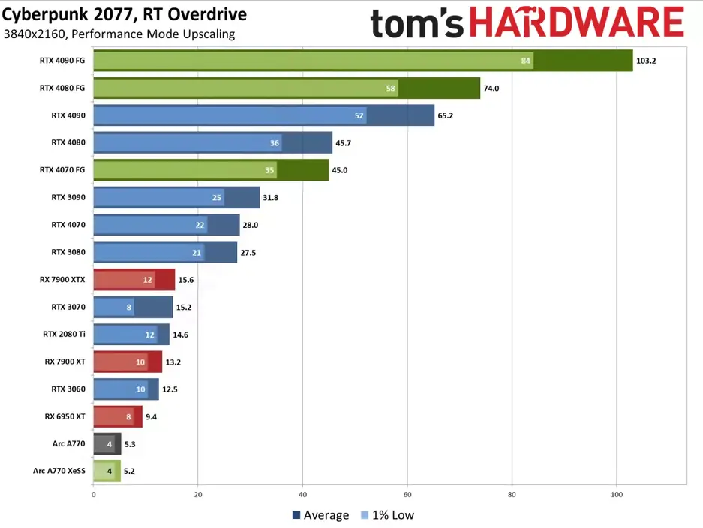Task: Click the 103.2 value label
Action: (x=645, y=61)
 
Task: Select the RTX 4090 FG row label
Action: (x=62, y=61)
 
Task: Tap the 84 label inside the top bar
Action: (x=527, y=61)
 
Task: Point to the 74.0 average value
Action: (x=491, y=88)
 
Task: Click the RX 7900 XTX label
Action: (x=62, y=279)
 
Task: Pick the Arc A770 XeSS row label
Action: (x=59, y=471)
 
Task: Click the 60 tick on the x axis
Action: (x=407, y=495)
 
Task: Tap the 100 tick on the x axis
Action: (x=616, y=495)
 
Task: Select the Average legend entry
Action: (x=320, y=515)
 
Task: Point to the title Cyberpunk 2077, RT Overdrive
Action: (x=124, y=15)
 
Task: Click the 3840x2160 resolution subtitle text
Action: (x=119, y=34)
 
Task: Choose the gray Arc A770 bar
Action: (x=107, y=444)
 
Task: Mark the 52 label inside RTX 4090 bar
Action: (x=359, y=115)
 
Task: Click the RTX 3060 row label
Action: (x=68, y=388)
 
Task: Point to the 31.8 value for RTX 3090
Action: (x=271, y=197)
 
